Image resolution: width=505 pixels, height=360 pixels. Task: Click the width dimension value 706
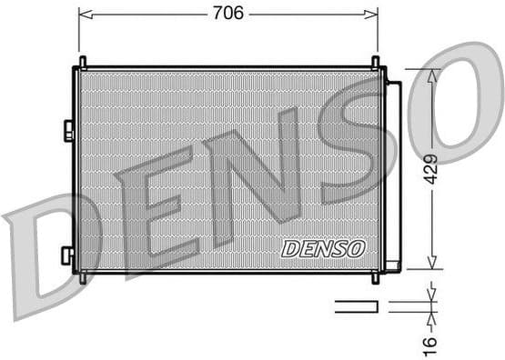pyautogui.click(x=227, y=14)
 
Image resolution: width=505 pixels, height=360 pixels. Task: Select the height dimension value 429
pyautogui.click(x=430, y=169)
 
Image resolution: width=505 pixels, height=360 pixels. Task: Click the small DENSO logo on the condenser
pyautogui.click(x=323, y=248)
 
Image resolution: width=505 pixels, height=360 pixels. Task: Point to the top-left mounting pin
pyautogui.click(x=83, y=62)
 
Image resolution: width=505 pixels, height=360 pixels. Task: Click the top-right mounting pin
pyautogui.click(x=375, y=62)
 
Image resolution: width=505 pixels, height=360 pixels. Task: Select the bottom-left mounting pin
pyautogui.click(x=83, y=277)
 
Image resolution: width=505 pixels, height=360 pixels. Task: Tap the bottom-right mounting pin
pyautogui.click(x=375, y=277)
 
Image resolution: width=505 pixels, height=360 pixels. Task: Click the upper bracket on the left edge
pyautogui.click(x=69, y=131)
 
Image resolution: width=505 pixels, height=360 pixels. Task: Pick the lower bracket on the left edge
pyautogui.click(x=67, y=255)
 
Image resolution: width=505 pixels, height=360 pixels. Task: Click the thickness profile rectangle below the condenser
pyautogui.click(x=356, y=306)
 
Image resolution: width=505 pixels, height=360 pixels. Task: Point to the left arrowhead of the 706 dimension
pyautogui.click(x=84, y=14)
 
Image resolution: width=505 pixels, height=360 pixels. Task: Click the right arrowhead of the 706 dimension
pyautogui.click(x=372, y=14)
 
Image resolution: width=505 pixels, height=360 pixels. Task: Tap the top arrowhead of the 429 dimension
pyautogui.click(x=431, y=74)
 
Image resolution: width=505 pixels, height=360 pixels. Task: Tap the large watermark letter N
pyautogui.click(x=255, y=168)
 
